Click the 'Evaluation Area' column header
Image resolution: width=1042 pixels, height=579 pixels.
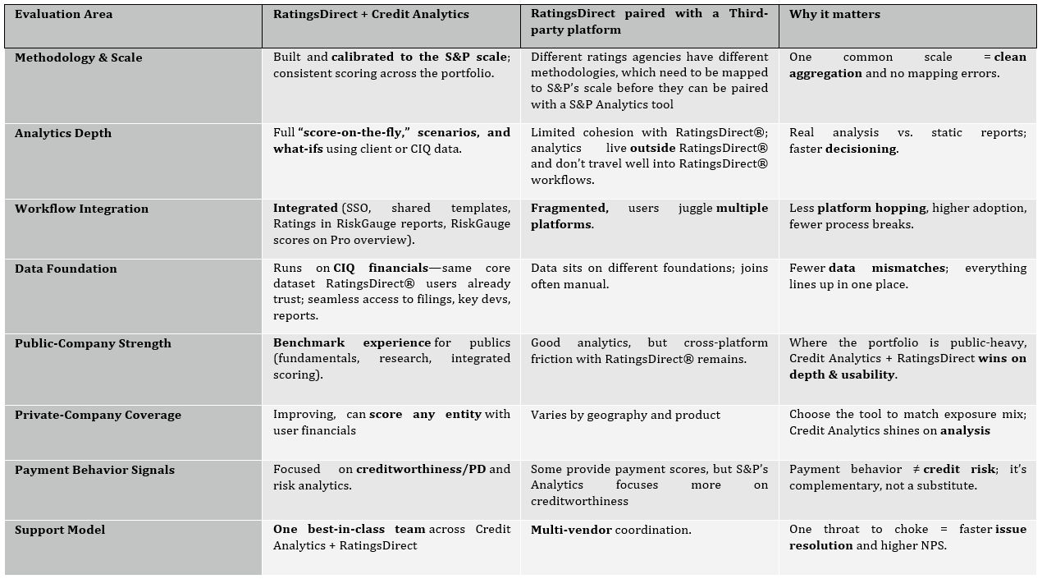tap(64, 14)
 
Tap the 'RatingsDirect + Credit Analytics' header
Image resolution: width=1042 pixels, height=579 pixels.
tap(371, 14)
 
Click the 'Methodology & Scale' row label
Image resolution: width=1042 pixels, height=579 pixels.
tap(79, 57)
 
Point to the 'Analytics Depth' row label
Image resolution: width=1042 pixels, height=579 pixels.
tap(63, 133)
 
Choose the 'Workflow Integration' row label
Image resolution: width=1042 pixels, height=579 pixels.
tap(82, 209)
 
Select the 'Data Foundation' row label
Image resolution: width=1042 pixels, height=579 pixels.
tap(66, 269)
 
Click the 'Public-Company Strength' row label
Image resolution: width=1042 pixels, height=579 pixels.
tap(93, 343)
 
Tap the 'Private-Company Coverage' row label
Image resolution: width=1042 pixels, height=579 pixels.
tap(97, 415)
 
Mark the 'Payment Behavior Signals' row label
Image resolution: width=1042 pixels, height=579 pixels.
tap(94, 470)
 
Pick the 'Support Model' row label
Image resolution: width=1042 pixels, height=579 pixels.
tap(60, 530)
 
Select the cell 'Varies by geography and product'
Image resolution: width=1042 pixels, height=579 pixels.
tap(625, 415)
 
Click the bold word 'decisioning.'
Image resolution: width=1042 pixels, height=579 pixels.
tap(861, 149)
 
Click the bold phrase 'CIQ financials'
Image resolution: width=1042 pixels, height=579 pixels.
tap(381, 269)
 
